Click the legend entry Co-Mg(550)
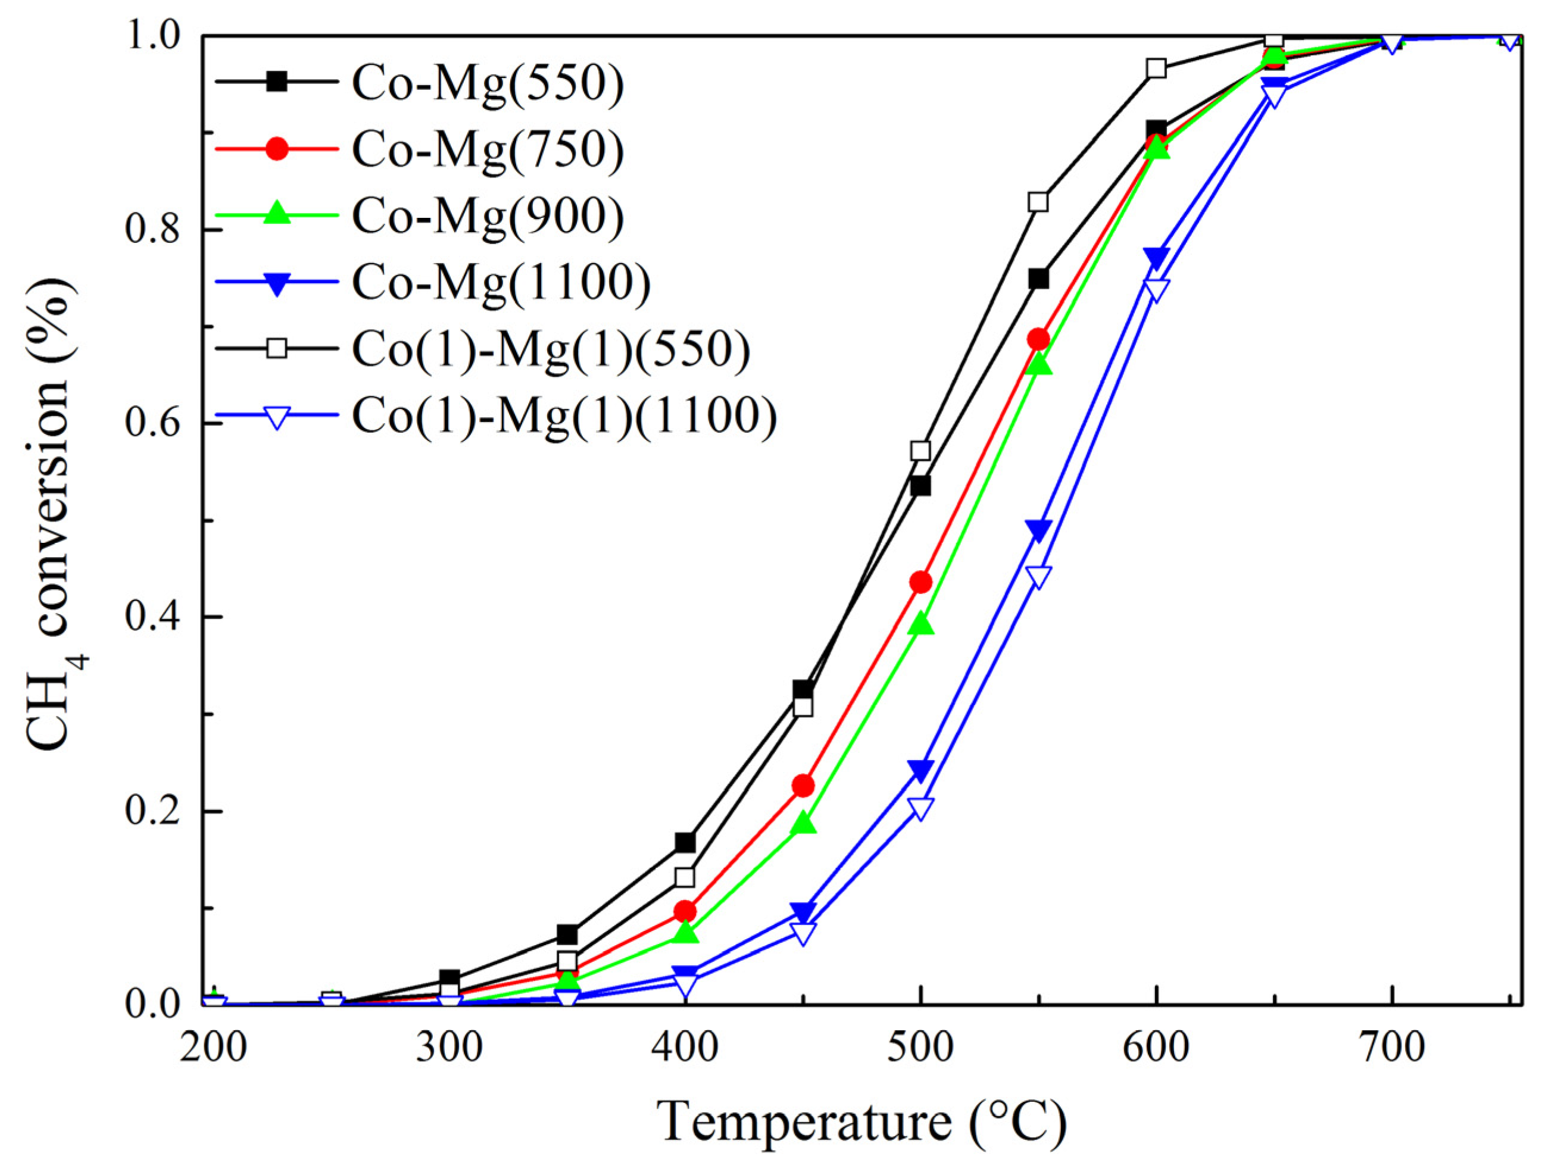pyautogui.click(x=487, y=85)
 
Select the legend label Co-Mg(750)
pyautogui.click(x=487, y=151)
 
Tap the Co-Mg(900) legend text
pyautogui.click(x=487, y=216)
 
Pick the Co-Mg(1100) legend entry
pyautogui.click(x=501, y=282)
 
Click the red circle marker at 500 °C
pyautogui.click(x=920, y=582)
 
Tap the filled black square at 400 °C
pyautogui.click(x=685, y=843)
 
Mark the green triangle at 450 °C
pyautogui.click(x=804, y=824)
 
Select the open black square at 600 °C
pyautogui.click(x=1156, y=68)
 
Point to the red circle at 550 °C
pyautogui.click(x=1038, y=339)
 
